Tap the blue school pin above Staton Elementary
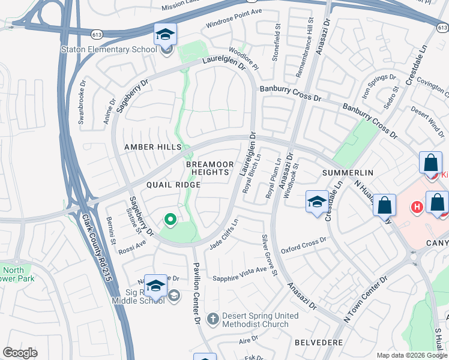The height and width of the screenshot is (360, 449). click(165, 34)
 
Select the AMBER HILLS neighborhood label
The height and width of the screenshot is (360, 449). click(152, 147)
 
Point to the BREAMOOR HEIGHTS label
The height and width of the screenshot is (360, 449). click(207, 168)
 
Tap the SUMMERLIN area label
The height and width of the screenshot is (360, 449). click(348, 172)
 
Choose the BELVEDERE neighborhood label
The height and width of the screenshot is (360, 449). click(318, 342)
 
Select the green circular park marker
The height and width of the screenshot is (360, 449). click(170, 220)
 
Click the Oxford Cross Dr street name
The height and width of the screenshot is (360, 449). click(303, 244)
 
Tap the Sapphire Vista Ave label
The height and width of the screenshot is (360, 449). click(240, 274)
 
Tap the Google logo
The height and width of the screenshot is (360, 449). click(20, 352)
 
